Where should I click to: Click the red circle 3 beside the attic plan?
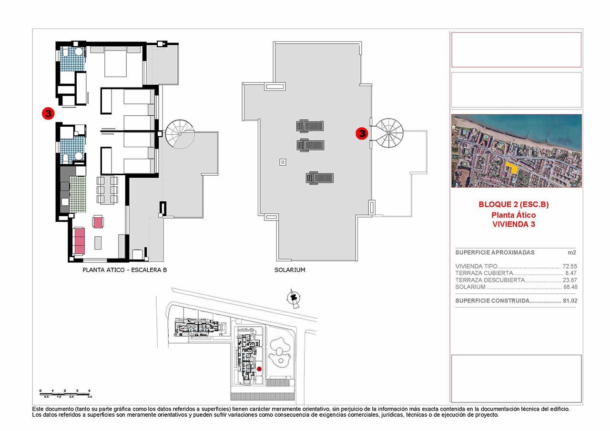coord(48,113)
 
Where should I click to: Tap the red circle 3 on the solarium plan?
coord(362,134)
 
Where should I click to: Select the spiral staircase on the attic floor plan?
coord(180,133)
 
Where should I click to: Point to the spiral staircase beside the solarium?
coord(389,133)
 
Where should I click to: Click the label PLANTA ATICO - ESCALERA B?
coord(125,270)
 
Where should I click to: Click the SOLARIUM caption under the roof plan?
coord(290,270)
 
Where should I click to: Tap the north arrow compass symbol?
coord(293,297)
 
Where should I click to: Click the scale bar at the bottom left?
coord(66,393)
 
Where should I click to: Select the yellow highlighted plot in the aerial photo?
coord(511,167)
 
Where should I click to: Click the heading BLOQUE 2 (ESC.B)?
coord(514,204)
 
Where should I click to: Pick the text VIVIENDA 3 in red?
coord(514,224)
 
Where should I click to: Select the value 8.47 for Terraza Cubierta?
coord(571,273)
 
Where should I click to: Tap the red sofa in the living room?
coord(79,241)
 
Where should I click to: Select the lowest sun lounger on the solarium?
coord(319,178)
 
